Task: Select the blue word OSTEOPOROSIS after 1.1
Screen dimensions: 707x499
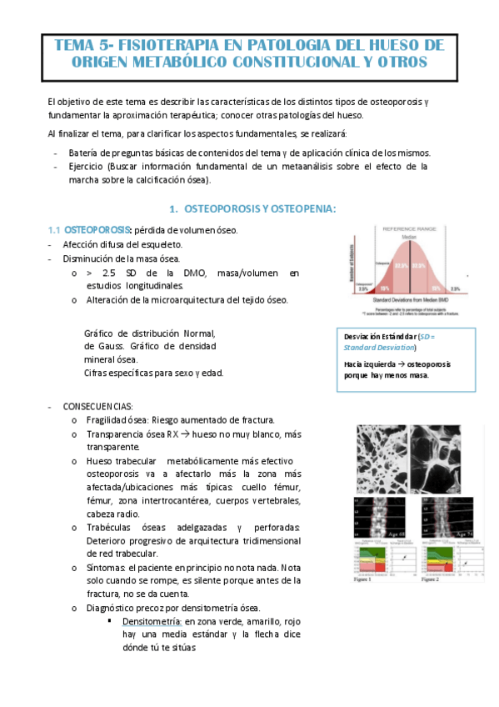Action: coord(97,229)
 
